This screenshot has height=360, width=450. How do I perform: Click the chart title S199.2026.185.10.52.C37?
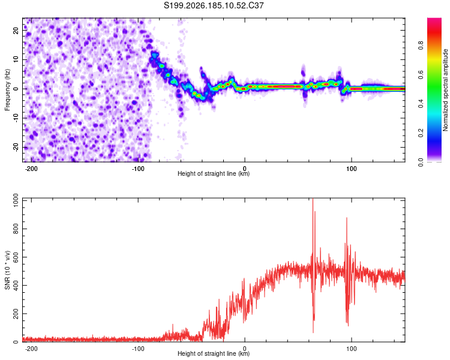pos(214,5)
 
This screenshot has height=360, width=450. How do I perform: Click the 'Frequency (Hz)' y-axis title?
pos(7,90)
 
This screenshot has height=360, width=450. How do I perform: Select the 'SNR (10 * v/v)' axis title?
pos(7,270)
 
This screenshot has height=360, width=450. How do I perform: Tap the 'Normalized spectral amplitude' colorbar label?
pos(445,90)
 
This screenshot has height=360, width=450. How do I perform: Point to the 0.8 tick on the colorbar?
pos(421,46)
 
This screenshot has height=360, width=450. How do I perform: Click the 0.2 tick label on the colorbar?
pos(421,133)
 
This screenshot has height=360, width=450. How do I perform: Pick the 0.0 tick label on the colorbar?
pos(421,162)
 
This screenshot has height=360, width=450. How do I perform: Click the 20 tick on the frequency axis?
pos(16,30)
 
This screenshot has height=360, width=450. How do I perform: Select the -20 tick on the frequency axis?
pos(16,147)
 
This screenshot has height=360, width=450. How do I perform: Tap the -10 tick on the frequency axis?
pos(16,118)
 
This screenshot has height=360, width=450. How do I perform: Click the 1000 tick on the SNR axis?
pos(16,200)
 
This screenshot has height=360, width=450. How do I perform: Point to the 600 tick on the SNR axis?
pos(16,257)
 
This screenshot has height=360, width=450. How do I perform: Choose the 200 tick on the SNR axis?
pos(16,314)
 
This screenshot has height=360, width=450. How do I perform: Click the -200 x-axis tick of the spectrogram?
pos(31,169)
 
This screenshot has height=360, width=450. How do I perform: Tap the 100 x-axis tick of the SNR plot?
pos(351,349)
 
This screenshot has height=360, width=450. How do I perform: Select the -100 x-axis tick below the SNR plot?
pos(138,349)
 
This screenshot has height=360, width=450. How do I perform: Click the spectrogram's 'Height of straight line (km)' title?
pos(214,173)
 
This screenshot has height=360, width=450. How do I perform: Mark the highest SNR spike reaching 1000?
pos(313,199)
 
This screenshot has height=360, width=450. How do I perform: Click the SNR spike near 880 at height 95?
pos(347,218)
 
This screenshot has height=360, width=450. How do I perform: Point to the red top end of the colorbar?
pos(434,19)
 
